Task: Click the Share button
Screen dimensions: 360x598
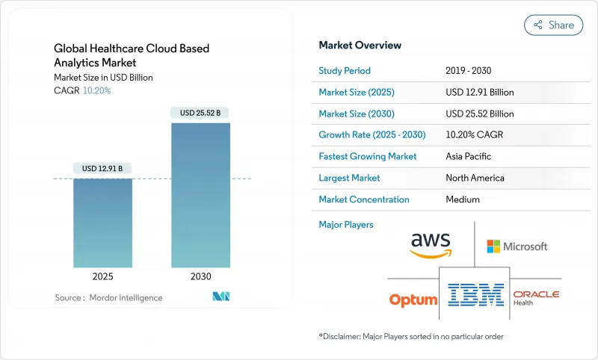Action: [x=554, y=25]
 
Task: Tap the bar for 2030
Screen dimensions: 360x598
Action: [x=201, y=195]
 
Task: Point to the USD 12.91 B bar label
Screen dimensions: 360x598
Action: [x=102, y=169]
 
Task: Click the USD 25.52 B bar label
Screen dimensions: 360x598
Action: [x=201, y=113]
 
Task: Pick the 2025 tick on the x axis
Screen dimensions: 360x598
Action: [x=102, y=276]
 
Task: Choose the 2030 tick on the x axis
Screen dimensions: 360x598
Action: [x=201, y=276]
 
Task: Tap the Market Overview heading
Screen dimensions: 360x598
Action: [x=360, y=46]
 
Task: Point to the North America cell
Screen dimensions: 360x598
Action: [x=475, y=178]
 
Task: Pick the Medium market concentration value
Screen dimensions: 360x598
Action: [x=463, y=199]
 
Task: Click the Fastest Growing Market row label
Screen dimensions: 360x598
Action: [x=368, y=157]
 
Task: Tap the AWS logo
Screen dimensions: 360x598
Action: [x=431, y=245]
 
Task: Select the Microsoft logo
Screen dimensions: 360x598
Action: [x=517, y=246]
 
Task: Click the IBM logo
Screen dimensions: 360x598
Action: [x=476, y=294]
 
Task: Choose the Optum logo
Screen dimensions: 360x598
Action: [x=413, y=300]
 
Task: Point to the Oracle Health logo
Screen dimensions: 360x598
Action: [x=535, y=298]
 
